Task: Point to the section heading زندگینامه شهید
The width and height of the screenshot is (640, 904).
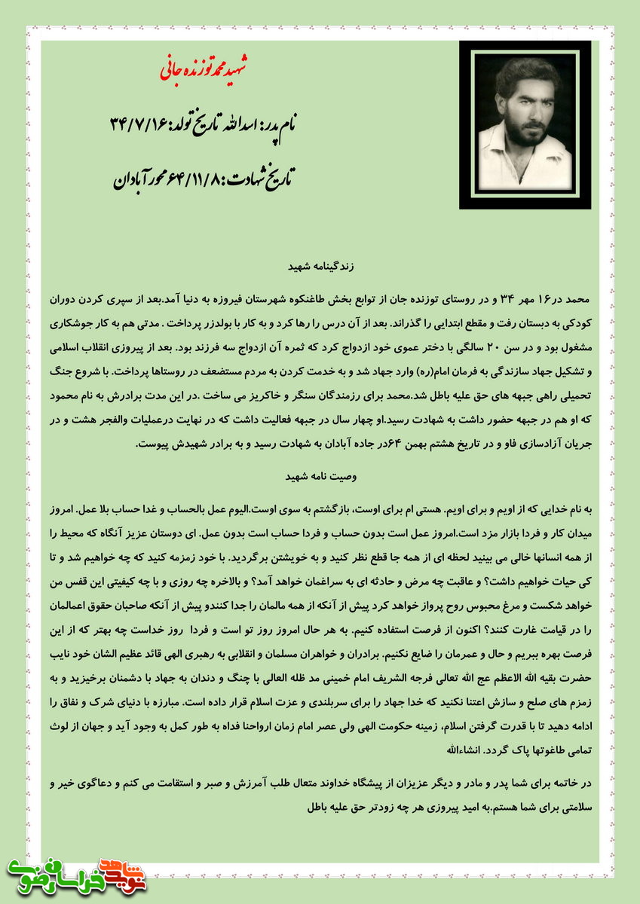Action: [x=321, y=267]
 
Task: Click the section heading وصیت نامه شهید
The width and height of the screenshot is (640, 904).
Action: [x=321, y=477]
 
